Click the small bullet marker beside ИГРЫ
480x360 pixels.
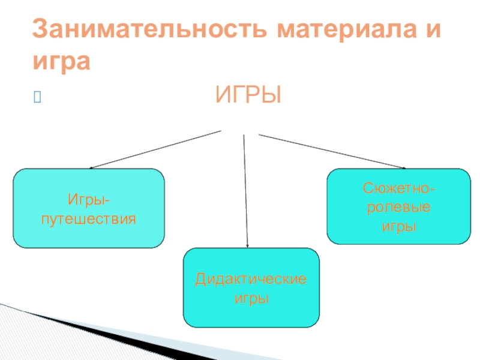point(38,97)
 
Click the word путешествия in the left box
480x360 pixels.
point(89,218)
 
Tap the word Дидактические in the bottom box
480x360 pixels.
point(251,280)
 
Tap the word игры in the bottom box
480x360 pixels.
point(251,298)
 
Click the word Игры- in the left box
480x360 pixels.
point(89,199)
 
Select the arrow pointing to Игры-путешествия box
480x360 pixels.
point(156,150)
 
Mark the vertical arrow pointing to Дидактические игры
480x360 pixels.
point(246,192)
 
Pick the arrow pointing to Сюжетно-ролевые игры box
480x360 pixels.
point(333,151)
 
